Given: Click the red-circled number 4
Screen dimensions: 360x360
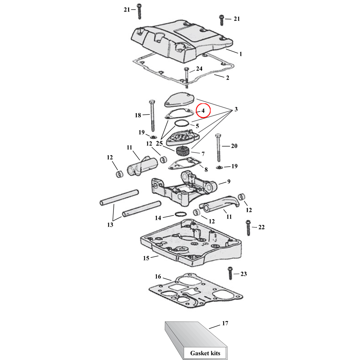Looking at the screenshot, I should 203,111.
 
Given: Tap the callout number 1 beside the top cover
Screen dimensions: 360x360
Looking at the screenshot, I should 240,54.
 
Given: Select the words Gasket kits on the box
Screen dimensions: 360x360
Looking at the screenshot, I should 205,353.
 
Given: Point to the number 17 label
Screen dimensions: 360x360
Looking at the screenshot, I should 225,323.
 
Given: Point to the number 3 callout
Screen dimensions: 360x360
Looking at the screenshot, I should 237,109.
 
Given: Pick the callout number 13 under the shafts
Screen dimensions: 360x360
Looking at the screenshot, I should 110,225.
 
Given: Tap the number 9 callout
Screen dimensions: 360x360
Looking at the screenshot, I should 228,181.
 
